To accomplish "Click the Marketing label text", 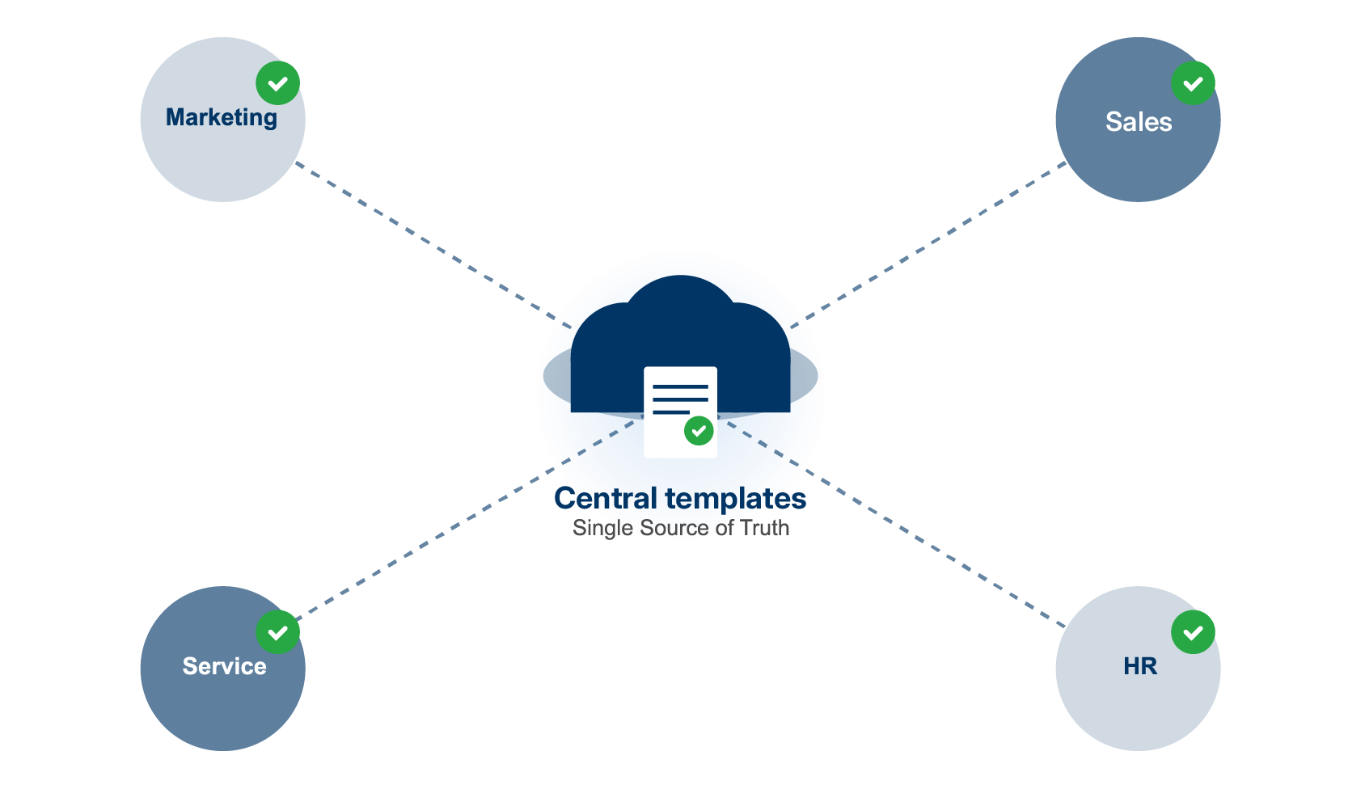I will (x=222, y=118).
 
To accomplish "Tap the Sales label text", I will (x=1139, y=122).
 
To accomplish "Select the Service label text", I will (x=224, y=666).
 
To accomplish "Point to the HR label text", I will (x=1140, y=666).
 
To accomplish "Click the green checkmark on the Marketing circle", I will (x=277, y=83).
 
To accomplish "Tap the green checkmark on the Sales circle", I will (x=1193, y=83).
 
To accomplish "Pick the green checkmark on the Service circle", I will (x=277, y=632).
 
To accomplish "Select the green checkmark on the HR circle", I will (x=1193, y=632).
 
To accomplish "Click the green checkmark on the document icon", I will (x=699, y=431).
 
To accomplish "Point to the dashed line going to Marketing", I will (x=420, y=238).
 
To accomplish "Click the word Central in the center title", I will (x=606, y=499).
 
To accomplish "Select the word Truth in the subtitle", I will (x=765, y=528).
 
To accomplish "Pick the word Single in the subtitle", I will (x=602, y=528).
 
